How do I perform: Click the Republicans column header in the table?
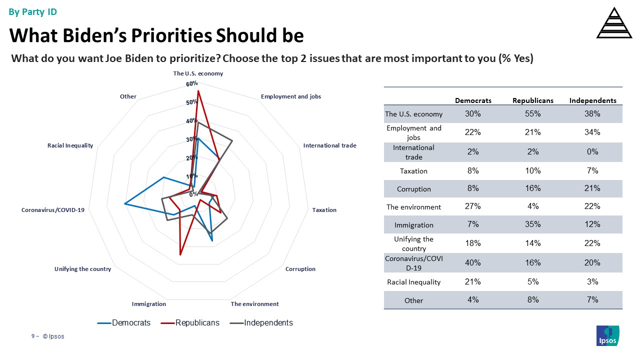click(532, 100)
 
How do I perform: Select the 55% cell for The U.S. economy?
click(532, 114)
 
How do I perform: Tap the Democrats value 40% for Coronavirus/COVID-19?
click(472, 262)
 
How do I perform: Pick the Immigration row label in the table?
click(413, 225)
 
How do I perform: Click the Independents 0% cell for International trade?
click(592, 152)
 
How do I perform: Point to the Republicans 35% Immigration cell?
click(532, 224)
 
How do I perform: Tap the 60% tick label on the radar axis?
click(192, 84)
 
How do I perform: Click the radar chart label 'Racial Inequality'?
click(70, 145)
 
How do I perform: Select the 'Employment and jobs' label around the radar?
click(291, 96)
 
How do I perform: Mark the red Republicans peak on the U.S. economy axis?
click(198, 91)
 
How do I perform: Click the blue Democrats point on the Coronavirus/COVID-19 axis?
click(124, 204)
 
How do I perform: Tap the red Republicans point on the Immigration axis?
click(180, 255)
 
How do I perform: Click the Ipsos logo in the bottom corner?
click(608, 335)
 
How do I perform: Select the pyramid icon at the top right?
click(614, 23)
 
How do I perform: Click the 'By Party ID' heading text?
click(33, 12)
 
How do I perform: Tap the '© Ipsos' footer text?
click(53, 336)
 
